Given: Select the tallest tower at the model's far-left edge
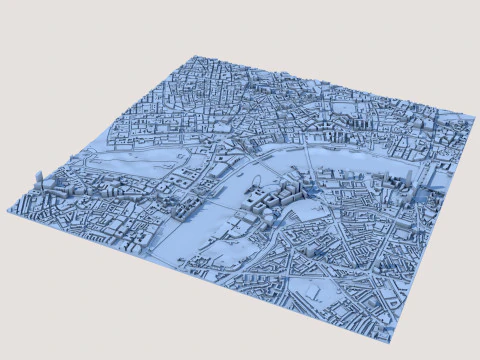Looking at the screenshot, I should (38, 180).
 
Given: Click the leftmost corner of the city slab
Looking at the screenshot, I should (8, 209).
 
